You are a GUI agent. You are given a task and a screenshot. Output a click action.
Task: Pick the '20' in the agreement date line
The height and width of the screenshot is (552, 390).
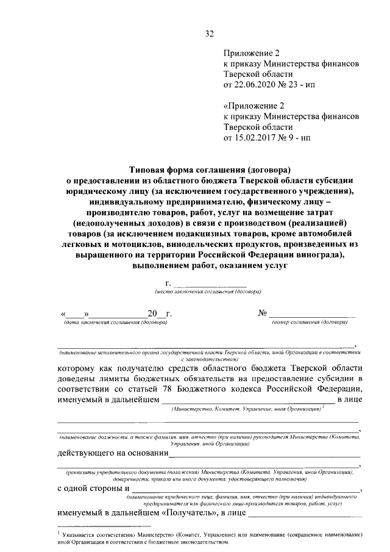point(152,315)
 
